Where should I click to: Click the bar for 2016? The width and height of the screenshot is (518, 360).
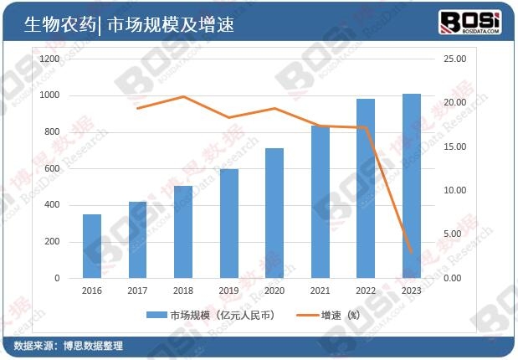coord(92,246)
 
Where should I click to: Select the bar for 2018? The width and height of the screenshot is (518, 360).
coord(183,232)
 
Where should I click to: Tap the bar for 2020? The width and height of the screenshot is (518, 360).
coord(274,213)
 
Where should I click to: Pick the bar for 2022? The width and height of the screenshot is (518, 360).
coord(366,188)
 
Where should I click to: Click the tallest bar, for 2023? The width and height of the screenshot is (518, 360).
coord(412,186)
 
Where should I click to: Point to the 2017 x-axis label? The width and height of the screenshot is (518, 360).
coord(138,291)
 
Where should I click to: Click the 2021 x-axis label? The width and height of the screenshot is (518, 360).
coord(321,291)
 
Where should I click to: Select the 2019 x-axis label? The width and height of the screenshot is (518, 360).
coord(229,291)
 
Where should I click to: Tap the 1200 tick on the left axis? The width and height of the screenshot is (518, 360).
coord(49,59)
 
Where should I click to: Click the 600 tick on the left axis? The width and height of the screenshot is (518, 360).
coord(52,169)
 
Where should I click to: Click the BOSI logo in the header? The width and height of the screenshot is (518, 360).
coord(469,22)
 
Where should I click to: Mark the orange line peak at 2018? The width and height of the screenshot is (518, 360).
coord(183,97)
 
